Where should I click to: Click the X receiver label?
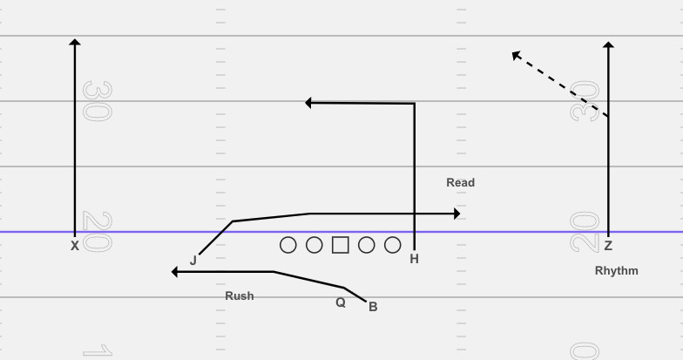[75, 247]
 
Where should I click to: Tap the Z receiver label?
[608, 247]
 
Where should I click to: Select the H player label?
[415, 259]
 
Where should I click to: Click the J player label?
[193, 260]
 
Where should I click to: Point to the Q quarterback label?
[341, 302]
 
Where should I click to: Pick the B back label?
[373, 307]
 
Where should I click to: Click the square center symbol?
[341, 245]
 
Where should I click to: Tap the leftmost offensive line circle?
[288, 245]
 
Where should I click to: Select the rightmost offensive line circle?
[393, 245]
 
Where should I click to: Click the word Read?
[460, 183]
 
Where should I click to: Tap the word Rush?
[240, 296]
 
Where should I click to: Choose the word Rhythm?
[616, 271]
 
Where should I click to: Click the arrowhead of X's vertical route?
[75, 41]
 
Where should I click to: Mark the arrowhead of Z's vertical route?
[608, 44]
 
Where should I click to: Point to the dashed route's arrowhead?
[515, 54]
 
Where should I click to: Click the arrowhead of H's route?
[308, 103]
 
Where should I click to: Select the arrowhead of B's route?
[175, 272]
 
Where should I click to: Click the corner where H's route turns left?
[414, 104]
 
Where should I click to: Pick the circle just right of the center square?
[367, 245]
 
